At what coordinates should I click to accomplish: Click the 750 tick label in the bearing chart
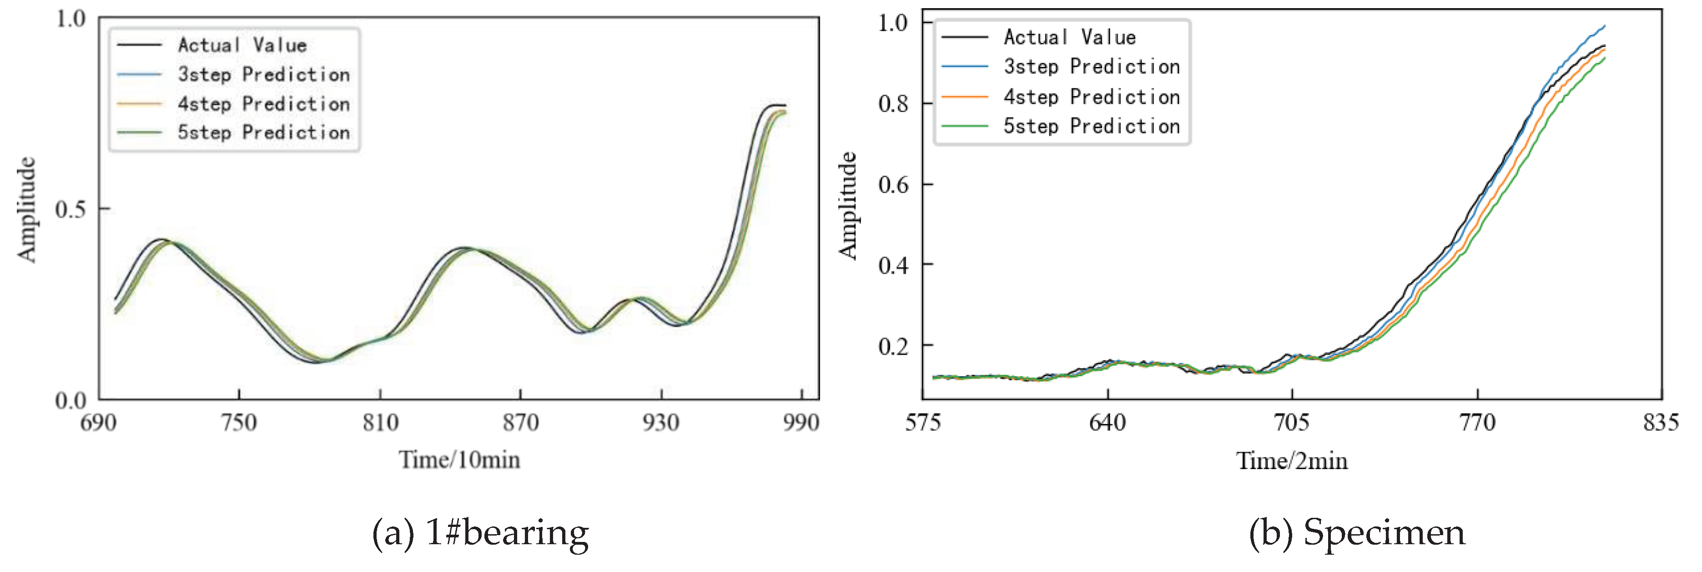click(x=238, y=422)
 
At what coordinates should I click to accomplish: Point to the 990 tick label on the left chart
click(x=801, y=422)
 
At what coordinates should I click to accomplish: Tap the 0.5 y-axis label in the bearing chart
click(x=70, y=209)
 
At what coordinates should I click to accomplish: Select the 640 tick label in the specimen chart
click(x=1108, y=421)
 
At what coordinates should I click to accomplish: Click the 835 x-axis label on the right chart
click(x=1660, y=421)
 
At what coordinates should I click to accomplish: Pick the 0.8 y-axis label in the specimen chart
click(x=893, y=104)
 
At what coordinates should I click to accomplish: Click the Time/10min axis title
click(x=459, y=460)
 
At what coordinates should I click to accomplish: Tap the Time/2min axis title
click(x=1292, y=461)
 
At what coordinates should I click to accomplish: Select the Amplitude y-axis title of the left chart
click(x=26, y=209)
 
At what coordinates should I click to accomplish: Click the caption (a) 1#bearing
click(x=480, y=532)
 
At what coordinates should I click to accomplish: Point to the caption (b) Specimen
click(x=1356, y=532)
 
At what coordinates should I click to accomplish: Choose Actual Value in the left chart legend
click(x=242, y=45)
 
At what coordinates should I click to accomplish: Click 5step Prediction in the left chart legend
click(x=263, y=132)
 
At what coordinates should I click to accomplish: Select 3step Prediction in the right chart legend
click(x=1092, y=67)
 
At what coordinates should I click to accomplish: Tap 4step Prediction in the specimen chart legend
click(x=1092, y=97)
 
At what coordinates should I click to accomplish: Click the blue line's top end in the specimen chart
click(x=1604, y=26)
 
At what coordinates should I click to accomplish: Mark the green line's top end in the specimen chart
click(x=1604, y=59)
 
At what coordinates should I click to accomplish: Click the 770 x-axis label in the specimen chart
click(x=1477, y=421)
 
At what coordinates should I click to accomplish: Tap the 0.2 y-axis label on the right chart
click(x=893, y=346)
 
